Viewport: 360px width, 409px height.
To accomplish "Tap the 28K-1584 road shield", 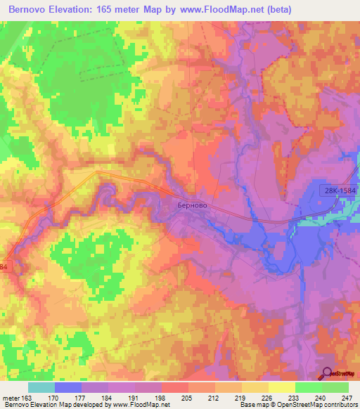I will coord(341,190).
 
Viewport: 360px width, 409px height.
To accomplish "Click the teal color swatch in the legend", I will coord(41,387).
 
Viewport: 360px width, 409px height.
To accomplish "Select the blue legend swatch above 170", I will coord(68,387).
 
